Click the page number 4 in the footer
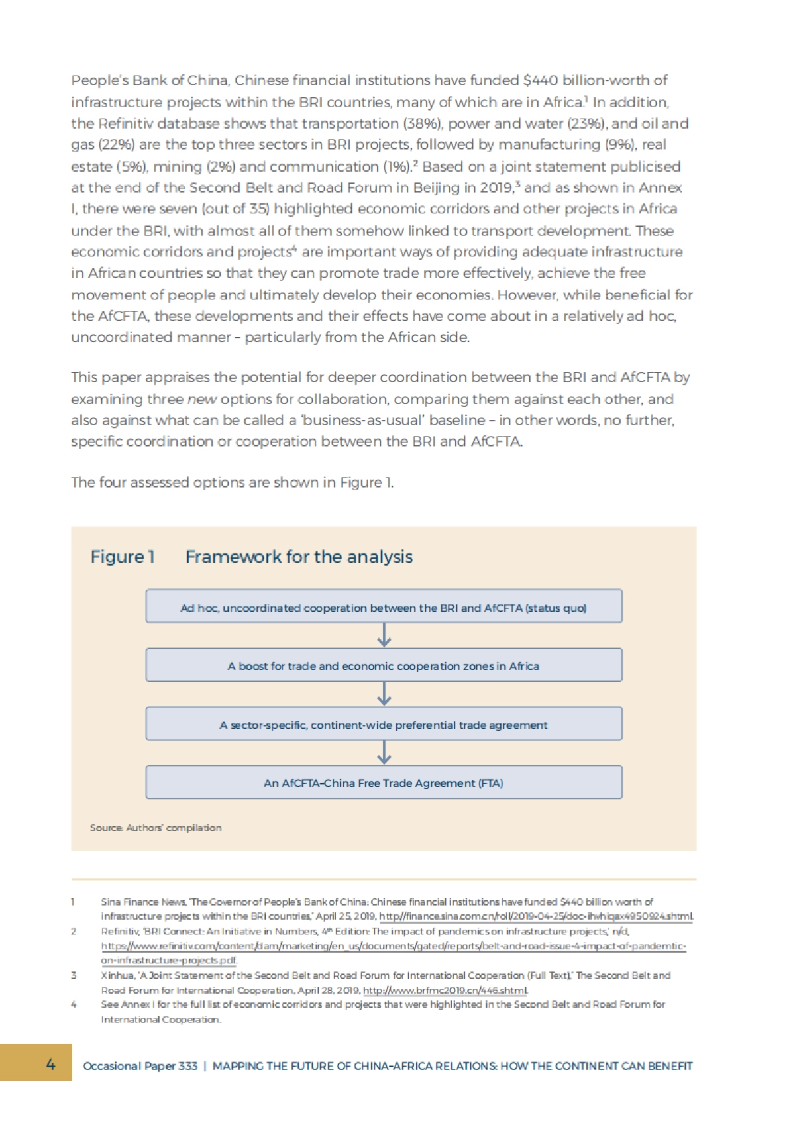pos(50,1064)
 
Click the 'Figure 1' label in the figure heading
pos(123,557)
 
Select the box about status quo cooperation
pos(384,607)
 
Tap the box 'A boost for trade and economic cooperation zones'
pos(384,665)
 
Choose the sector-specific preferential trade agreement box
pos(384,724)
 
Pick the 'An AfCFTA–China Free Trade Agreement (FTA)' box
pos(384,782)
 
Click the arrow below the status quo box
pos(384,635)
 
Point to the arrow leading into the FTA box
pos(384,753)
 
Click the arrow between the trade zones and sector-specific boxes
pos(384,694)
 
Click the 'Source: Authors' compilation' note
pos(156,828)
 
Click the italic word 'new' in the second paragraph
pos(201,400)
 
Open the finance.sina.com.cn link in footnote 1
pos(536,916)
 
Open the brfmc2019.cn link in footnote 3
pos(445,991)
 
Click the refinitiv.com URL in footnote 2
pos(394,946)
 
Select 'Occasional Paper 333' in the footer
pos(140,1066)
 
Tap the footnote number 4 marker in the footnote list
pos(74,1004)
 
